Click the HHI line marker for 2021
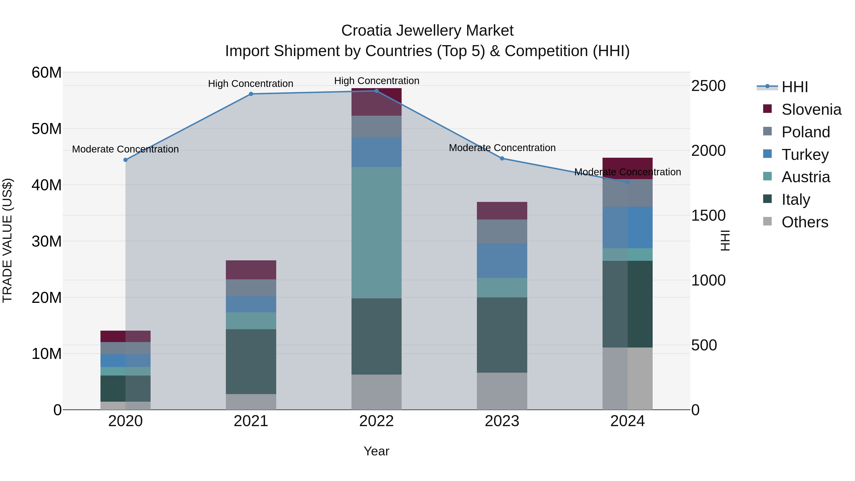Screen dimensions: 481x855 251,94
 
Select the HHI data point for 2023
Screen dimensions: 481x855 502,159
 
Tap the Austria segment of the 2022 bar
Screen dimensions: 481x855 376,232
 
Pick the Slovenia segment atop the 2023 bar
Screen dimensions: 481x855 502,210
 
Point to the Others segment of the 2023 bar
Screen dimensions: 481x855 502,391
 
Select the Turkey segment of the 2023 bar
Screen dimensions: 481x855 502,261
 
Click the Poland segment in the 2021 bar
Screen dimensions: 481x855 251,287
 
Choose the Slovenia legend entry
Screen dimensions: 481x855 811,110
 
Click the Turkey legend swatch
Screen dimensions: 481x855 767,154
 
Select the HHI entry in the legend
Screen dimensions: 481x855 795,87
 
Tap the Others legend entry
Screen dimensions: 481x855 805,222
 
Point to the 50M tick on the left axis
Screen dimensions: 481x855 47,129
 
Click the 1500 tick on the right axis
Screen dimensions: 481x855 708,216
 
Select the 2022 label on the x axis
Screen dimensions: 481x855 376,421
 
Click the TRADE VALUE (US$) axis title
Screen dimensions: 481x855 7,240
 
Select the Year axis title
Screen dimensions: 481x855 376,451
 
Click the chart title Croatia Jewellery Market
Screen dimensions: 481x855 427,31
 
